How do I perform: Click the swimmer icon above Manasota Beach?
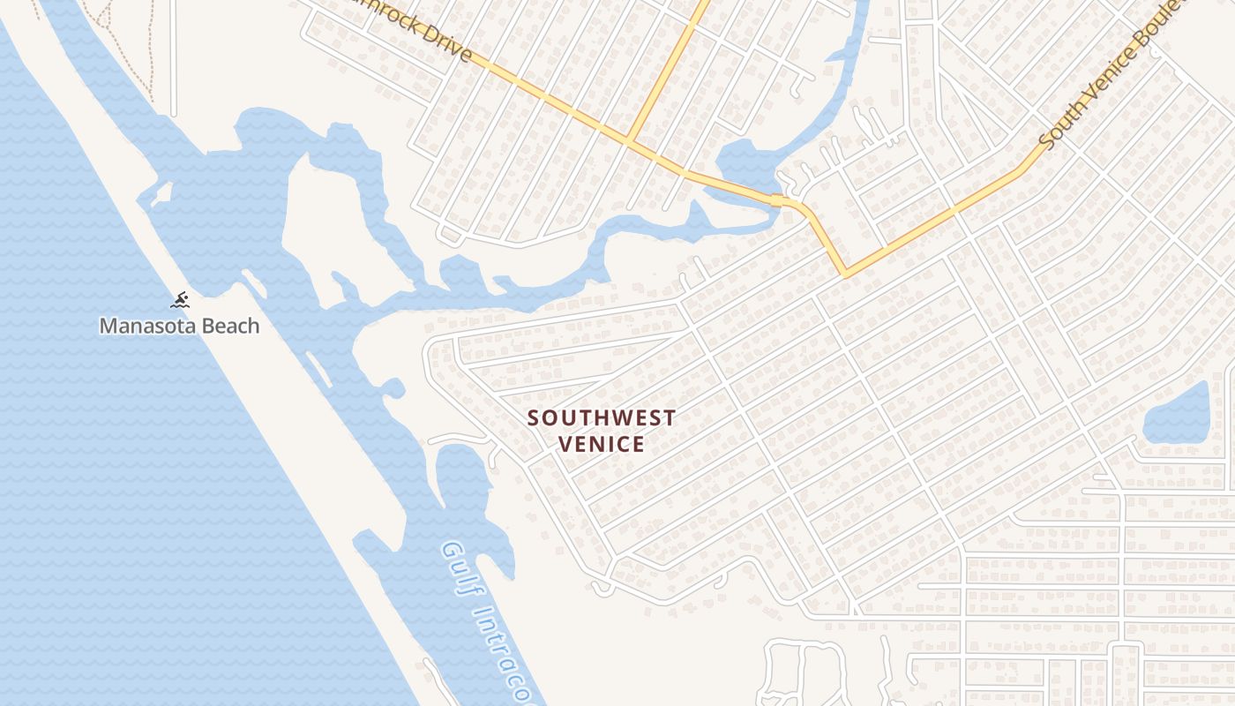point(180,300)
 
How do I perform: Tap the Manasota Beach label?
point(179,326)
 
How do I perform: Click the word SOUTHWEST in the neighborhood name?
point(602,417)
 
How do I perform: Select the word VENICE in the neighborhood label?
point(602,443)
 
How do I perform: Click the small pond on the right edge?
point(1178,415)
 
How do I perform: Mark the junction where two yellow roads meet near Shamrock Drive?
point(628,139)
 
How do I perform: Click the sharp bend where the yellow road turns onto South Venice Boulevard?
point(846,274)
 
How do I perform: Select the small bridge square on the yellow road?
point(776,200)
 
